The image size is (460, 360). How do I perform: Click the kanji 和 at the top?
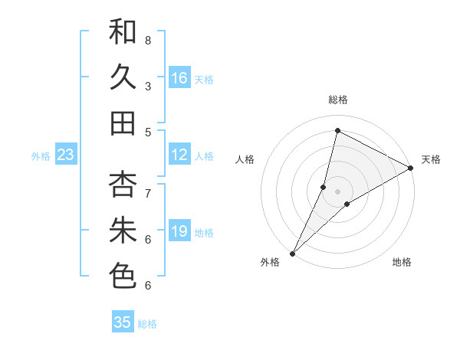(123, 32)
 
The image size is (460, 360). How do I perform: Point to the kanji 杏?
(123, 185)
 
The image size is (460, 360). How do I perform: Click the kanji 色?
(123, 276)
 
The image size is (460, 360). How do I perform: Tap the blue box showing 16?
(179, 78)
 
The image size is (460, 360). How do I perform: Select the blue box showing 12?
(179, 155)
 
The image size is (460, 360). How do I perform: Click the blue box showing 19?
(179, 232)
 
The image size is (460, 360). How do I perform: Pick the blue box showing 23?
(66, 155)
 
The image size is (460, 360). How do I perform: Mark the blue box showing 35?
(123, 322)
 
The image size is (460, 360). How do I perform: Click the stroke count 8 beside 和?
(148, 40)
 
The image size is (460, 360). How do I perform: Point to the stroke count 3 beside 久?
(148, 86)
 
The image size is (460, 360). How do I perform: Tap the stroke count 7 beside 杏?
(148, 192)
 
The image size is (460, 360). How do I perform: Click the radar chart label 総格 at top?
(338, 100)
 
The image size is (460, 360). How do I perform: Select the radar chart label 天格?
(431, 159)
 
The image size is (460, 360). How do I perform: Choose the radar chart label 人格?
(245, 159)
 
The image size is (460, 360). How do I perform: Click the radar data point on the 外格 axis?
(292, 253)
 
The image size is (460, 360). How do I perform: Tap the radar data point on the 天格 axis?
(410, 168)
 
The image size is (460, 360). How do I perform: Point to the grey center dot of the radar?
(338, 191)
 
